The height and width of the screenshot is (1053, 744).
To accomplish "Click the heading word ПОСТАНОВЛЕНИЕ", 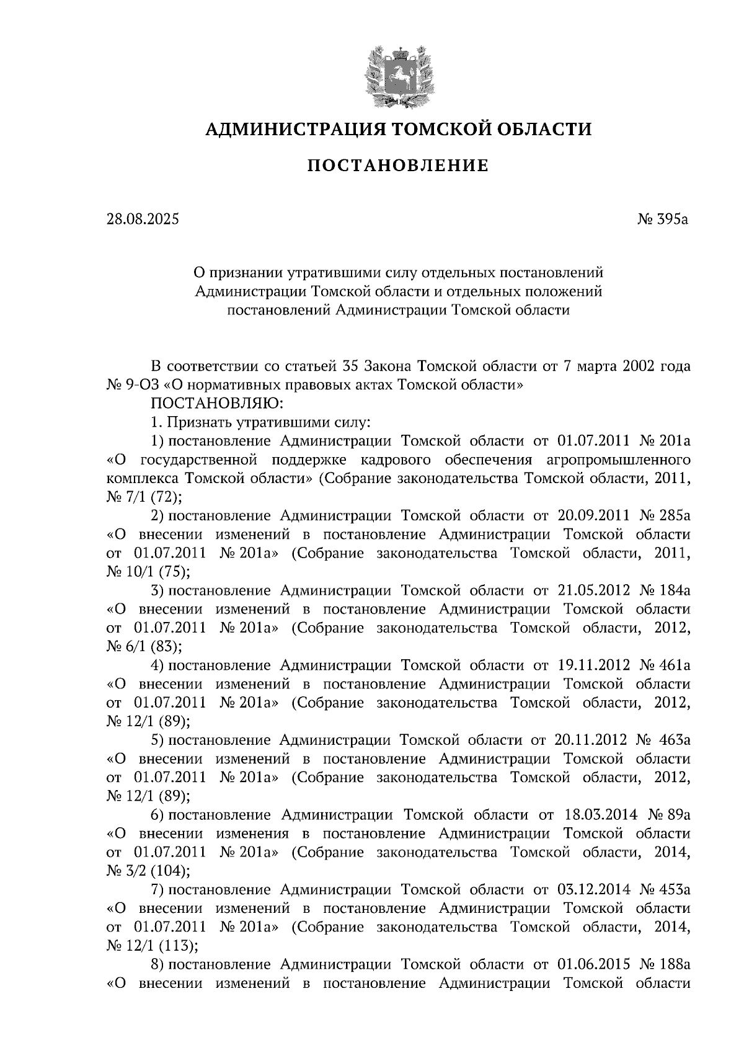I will pyautogui.click(x=399, y=166).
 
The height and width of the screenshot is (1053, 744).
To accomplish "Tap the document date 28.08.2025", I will pyautogui.click(x=142, y=219).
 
